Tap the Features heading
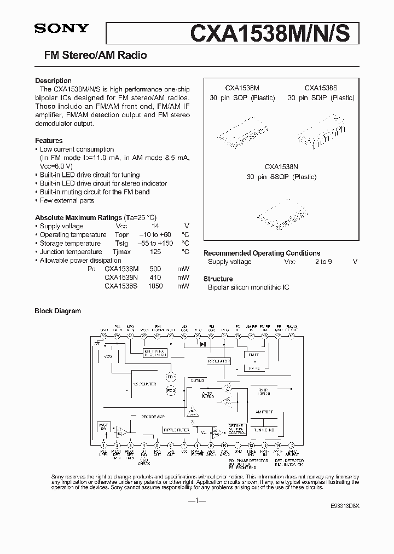pyautogui.click(x=49, y=141)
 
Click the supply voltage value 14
pyautogui.click(x=155, y=226)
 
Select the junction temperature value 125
pyautogui.click(x=155, y=252)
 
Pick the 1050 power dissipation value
pyautogui.click(x=155, y=286)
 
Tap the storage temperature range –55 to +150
pyautogui.click(x=155, y=243)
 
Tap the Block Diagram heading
pyautogui.click(x=57, y=311)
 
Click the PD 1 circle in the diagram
pyautogui.click(x=170, y=378)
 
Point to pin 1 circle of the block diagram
pyautogui.click(x=103, y=446)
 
